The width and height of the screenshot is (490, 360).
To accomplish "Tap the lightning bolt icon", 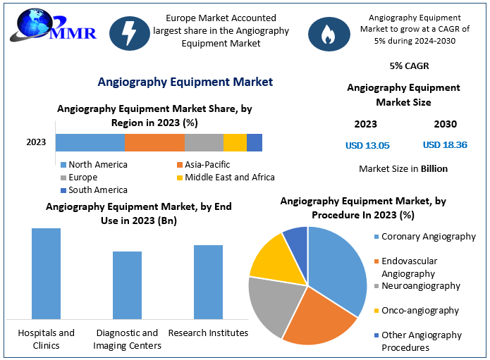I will tap(129, 34).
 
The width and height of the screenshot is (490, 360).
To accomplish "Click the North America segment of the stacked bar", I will tap(90, 142).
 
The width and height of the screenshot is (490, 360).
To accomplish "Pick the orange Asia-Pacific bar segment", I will tap(154, 142).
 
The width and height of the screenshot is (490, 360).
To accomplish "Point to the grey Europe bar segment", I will tap(204, 142).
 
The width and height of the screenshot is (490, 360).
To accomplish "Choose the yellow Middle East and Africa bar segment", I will tap(235, 142).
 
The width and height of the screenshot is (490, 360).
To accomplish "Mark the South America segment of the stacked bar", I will tap(255, 142).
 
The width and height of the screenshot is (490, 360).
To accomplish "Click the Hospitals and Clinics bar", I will tap(46, 273).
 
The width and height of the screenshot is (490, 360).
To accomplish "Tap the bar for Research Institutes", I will tap(208, 282).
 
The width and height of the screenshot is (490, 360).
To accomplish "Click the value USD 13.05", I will tap(367, 146).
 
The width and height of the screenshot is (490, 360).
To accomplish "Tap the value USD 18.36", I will tap(445, 145).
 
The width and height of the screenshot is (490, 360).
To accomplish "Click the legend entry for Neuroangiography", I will tap(420, 286).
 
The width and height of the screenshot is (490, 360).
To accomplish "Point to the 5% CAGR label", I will tap(409, 66).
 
